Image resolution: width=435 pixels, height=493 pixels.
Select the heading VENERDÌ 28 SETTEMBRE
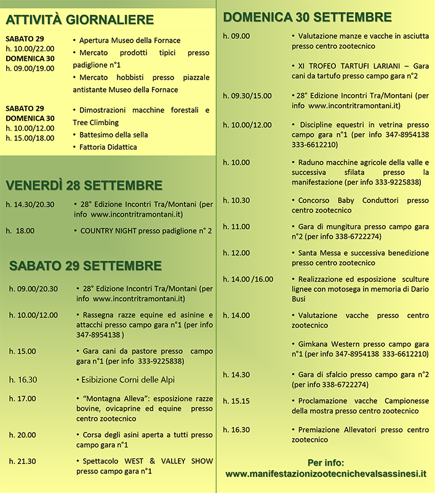84,185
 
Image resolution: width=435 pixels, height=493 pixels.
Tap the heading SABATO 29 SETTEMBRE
86,266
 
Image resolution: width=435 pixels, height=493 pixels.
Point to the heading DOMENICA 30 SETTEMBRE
308,17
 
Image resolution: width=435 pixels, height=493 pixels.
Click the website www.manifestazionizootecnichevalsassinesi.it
326,474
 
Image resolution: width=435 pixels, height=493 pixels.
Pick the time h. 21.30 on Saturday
22,461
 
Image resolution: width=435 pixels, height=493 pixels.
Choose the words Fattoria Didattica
108,147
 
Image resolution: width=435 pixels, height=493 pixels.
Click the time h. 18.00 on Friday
21,230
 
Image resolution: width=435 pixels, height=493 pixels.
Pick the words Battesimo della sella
114,134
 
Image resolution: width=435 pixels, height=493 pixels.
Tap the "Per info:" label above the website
325,462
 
